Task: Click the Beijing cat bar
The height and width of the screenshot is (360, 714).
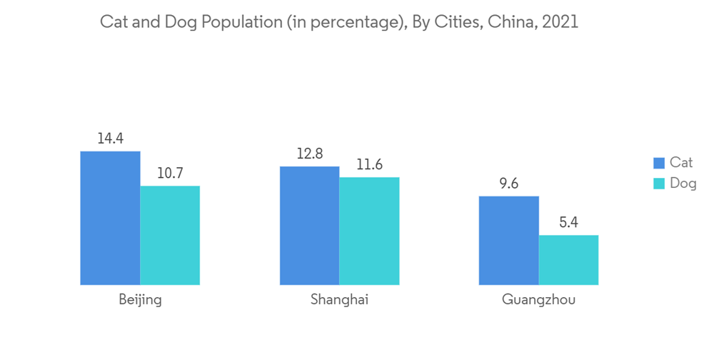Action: pyautogui.click(x=110, y=218)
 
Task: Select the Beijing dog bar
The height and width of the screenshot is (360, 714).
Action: pyautogui.click(x=170, y=235)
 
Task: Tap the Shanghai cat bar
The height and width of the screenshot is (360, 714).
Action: pyautogui.click(x=309, y=225)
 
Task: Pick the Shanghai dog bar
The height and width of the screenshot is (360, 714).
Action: pyautogui.click(x=369, y=231)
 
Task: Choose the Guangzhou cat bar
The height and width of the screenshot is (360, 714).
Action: pyautogui.click(x=508, y=240)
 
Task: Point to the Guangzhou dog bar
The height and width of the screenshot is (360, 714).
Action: pyautogui.click(x=568, y=260)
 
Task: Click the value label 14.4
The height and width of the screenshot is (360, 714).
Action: pyautogui.click(x=110, y=139)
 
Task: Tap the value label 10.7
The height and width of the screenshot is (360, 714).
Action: pyautogui.click(x=170, y=174)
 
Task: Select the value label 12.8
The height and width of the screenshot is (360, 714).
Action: pyautogui.click(x=309, y=154)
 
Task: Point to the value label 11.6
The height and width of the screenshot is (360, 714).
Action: pyautogui.click(x=369, y=165)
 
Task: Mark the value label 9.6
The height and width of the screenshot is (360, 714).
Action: pyautogui.click(x=508, y=184)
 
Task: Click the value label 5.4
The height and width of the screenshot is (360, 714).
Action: pyautogui.click(x=568, y=223)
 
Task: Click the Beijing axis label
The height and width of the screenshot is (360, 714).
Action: pyautogui.click(x=140, y=300)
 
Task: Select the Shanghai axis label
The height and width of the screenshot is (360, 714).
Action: pyautogui.click(x=339, y=300)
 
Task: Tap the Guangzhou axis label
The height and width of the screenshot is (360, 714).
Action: pyautogui.click(x=538, y=300)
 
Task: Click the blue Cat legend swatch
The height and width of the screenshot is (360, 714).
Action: pyautogui.click(x=658, y=164)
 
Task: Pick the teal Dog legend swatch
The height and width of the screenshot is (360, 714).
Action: pyautogui.click(x=658, y=184)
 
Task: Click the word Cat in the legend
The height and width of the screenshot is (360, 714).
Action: pyautogui.click(x=681, y=164)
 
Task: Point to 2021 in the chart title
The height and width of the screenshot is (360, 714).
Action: pyautogui.click(x=560, y=22)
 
